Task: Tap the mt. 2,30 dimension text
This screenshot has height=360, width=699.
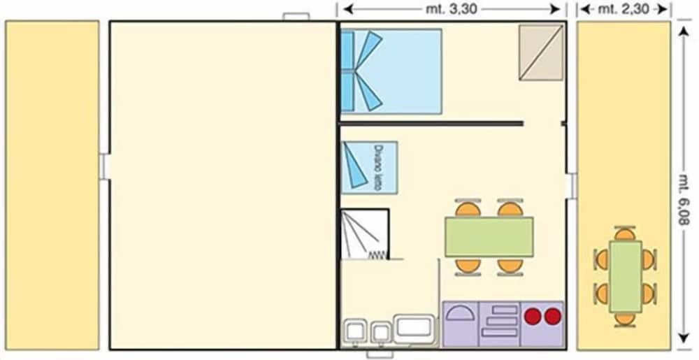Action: [624, 9]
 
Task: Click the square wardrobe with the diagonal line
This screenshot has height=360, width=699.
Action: [541, 52]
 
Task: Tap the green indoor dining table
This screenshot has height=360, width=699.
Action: [489, 237]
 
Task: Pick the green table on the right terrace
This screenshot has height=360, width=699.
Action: [625, 277]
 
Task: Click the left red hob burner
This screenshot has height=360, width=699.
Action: [534, 317]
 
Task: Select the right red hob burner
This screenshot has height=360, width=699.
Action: [552, 317]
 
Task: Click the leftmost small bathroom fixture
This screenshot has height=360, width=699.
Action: [356, 331]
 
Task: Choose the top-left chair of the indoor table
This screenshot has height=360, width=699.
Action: [468, 209]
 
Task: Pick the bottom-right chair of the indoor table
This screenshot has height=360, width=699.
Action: [510, 266]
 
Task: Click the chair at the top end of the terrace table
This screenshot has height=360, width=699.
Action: [625, 233]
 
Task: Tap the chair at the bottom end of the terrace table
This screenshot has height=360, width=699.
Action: [625, 319]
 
